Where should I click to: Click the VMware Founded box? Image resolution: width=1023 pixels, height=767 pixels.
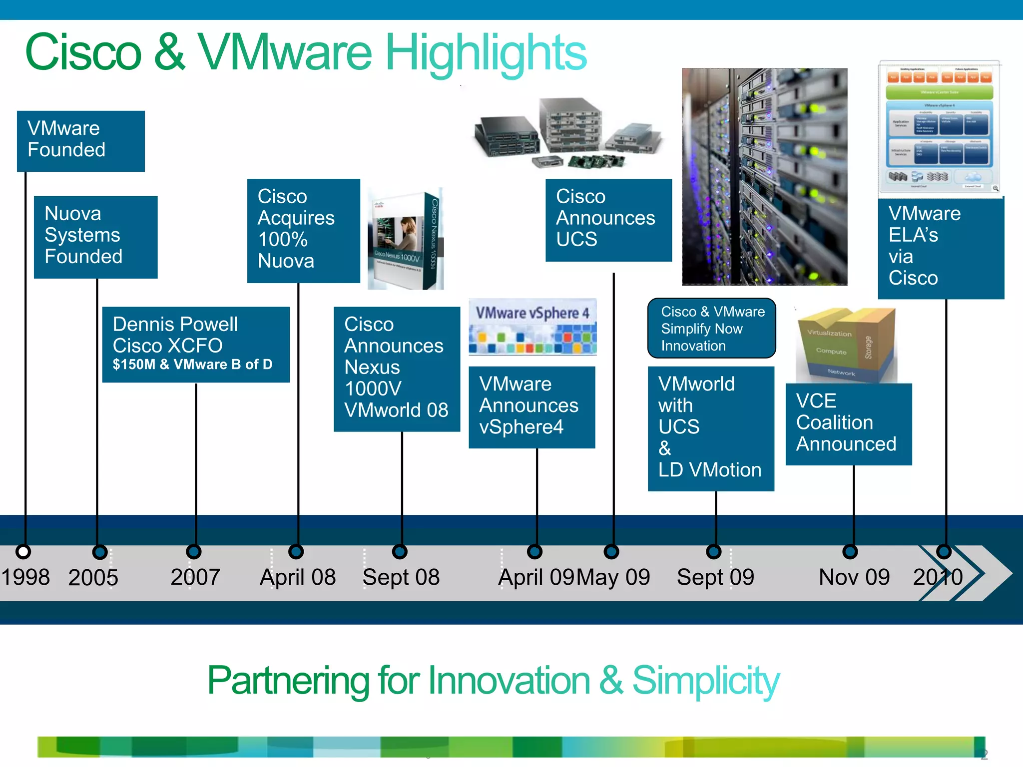click(x=80, y=141)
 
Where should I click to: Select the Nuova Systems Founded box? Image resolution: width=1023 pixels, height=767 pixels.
click(x=95, y=237)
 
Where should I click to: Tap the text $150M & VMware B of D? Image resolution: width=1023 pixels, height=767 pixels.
click(x=192, y=365)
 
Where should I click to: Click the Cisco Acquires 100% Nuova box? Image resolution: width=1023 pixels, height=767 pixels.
click(x=303, y=231)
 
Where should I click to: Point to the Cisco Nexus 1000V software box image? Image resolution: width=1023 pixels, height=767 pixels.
click(x=406, y=239)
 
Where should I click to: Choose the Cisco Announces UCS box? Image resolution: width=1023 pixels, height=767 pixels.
click(x=608, y=220)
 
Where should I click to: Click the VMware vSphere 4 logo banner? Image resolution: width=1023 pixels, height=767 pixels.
click(x=532, y=326)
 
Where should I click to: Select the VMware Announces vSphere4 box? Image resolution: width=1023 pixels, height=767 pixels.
click(x=531, y=407)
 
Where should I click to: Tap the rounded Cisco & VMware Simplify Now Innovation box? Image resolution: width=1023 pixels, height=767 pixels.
click(x=711, y=328)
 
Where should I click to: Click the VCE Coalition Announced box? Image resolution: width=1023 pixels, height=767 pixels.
click(x=848, y=424)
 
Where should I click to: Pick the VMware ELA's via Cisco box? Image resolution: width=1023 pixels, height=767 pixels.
click(x=941, y=248)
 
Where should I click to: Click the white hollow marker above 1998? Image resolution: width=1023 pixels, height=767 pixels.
click(x=23, y=551)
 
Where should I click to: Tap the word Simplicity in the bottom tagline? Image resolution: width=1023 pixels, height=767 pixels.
click(x=705, y=681)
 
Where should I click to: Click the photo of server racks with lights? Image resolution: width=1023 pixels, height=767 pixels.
click(x=764, y=176)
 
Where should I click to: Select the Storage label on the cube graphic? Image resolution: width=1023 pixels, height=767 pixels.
click(x=868, y=348)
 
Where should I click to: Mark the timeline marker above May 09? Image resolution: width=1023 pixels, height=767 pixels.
click(x=611, y=551)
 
